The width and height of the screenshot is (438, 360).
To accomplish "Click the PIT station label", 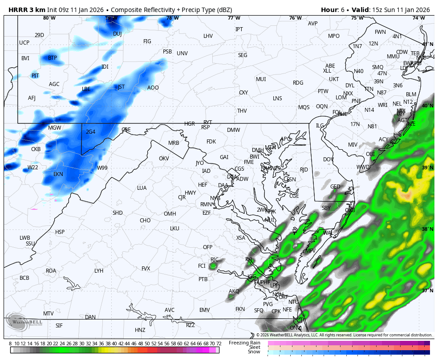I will point(35,76).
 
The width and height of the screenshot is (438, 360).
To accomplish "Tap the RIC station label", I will point(215,260).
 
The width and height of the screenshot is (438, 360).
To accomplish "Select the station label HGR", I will point(190,124).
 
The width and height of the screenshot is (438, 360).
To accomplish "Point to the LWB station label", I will point(25,238).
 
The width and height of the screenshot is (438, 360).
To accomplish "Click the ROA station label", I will point(51,271).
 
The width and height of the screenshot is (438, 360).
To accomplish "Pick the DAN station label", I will point(90,317).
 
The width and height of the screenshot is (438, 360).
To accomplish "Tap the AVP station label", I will point(313,24).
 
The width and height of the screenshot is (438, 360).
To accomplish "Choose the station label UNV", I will point(182,53).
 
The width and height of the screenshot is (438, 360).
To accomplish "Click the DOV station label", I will point(328,160).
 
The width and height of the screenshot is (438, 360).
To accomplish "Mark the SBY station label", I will point(326,208).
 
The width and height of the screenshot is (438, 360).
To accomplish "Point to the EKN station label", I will point(58,174).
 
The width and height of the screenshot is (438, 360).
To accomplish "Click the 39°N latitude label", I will point(427,168).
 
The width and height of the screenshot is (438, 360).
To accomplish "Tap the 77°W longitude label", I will point(234,18).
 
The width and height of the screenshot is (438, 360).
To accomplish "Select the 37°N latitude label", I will point(427,290).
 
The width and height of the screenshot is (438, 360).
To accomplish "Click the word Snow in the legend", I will point(254,352).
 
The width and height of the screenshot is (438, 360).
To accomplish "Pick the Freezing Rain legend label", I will point(244,343).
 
